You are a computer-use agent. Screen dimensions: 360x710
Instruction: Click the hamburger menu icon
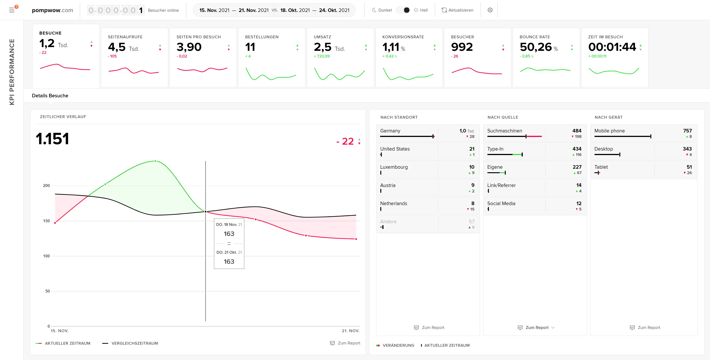12,10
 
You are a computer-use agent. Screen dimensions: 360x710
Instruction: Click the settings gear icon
490,10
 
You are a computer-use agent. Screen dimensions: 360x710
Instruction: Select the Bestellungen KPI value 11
250,47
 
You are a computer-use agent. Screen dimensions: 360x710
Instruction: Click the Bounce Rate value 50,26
535,47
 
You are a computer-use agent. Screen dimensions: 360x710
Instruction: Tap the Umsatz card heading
322,37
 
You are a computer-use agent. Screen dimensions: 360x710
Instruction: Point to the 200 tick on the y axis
46,186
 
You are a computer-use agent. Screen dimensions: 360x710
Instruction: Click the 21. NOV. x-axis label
350,331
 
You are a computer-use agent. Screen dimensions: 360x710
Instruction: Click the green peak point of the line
155,161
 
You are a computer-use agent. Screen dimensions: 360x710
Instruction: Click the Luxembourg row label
394,167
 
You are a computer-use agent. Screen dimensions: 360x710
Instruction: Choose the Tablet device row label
601,167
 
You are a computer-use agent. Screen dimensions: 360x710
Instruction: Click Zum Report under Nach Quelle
536,327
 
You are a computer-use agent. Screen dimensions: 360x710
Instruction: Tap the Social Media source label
501,203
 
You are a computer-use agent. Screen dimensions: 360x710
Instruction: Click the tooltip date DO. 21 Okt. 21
229,252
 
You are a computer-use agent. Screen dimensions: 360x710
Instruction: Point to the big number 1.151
52,139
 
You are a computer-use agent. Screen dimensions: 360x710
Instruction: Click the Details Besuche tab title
50,96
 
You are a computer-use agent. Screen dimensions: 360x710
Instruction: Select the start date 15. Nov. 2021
214,10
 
